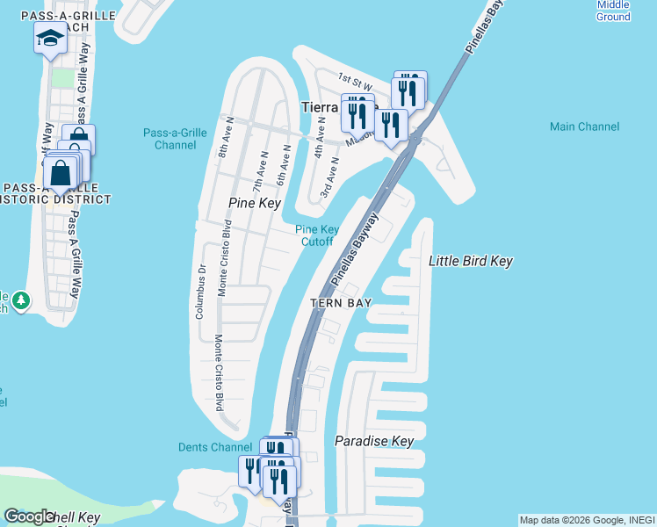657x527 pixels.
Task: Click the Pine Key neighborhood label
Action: (254, 203)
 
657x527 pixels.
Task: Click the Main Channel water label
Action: (584, 127)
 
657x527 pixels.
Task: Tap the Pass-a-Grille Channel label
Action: (175, 139)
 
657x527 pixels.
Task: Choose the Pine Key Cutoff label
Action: (316, 235)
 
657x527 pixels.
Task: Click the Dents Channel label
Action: (214, 447)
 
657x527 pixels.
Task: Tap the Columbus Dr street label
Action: (200, 292)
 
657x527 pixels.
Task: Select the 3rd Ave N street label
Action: (329, 176)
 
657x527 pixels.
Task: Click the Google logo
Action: (29, 516)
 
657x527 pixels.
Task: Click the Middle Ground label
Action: (613, 11)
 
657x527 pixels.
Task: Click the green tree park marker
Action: (18, 301)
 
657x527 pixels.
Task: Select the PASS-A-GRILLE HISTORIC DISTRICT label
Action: (57, 193)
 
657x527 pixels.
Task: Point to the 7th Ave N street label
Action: (260, 172)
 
